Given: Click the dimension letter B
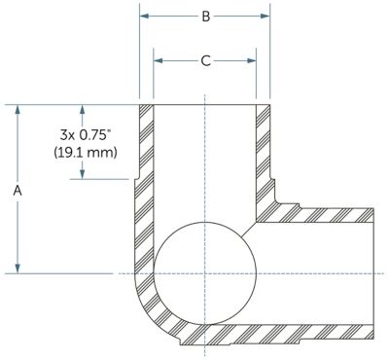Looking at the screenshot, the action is (206, 16).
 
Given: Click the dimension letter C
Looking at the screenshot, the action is (206, 60).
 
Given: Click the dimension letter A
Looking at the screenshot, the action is (18, 191).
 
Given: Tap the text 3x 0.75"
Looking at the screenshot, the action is (84, 135).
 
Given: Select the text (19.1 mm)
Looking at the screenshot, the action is (86, 152).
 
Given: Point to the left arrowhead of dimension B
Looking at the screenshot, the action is (144, 16).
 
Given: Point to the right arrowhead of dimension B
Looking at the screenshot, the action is (265, 16).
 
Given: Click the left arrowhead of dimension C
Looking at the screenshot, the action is (158, 60).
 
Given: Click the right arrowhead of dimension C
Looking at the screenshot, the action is (252, 60).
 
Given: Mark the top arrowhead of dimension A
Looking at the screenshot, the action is (18, 109).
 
